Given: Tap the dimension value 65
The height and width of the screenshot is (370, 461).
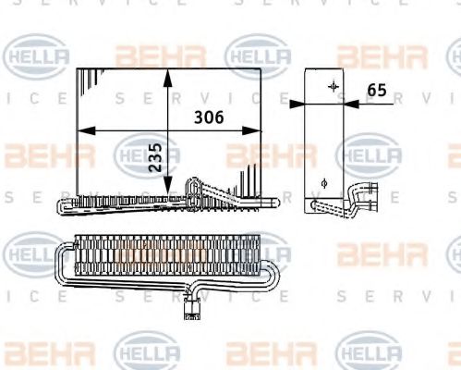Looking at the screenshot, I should point(377,90).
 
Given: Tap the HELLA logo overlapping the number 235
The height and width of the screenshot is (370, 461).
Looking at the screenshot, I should point(148,153).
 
